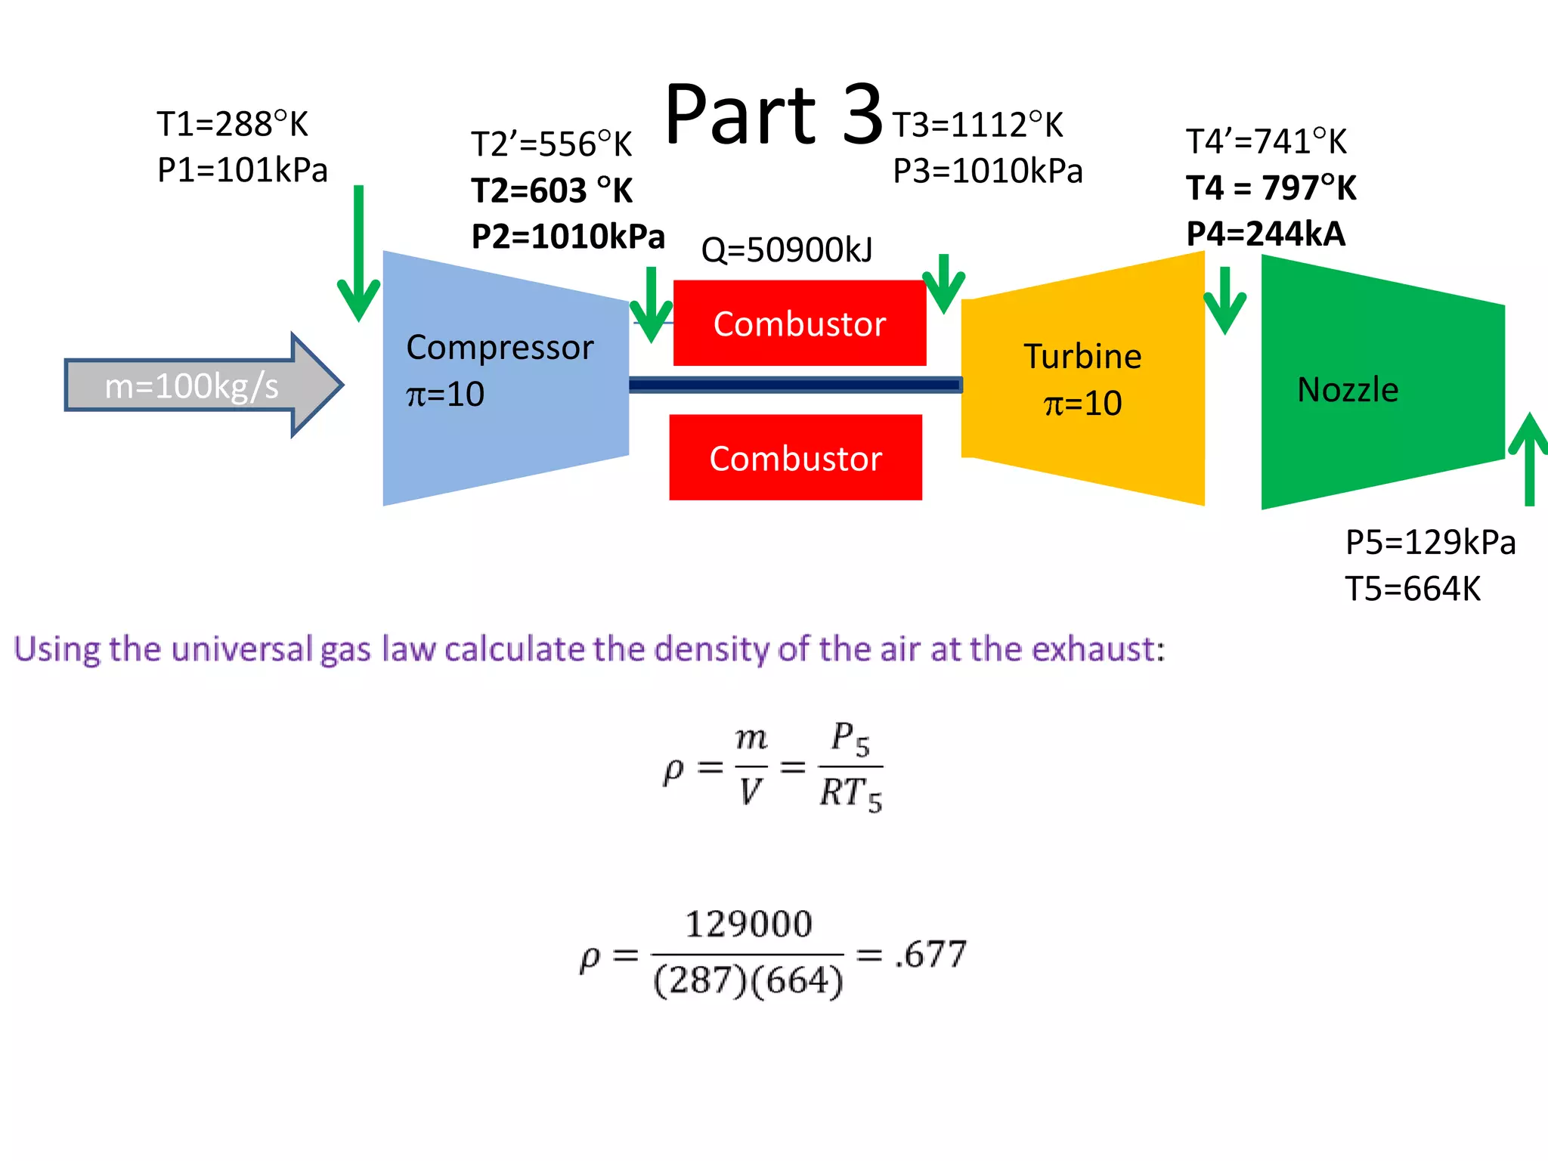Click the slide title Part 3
(772, 115)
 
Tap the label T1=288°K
(232, 124)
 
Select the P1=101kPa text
(242, 170)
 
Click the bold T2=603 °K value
(552, 190)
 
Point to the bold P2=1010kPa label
(568, 237)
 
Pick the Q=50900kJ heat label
(787, 250)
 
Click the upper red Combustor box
(799, 324)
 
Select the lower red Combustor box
(795, 458)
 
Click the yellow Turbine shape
(1082, 378)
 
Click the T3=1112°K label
(977, 125)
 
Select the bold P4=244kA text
(1266, 234)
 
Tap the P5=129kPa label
(1430, 543)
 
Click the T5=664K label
(1413, 589)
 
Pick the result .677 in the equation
(930, 954)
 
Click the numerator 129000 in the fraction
(748, 924)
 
